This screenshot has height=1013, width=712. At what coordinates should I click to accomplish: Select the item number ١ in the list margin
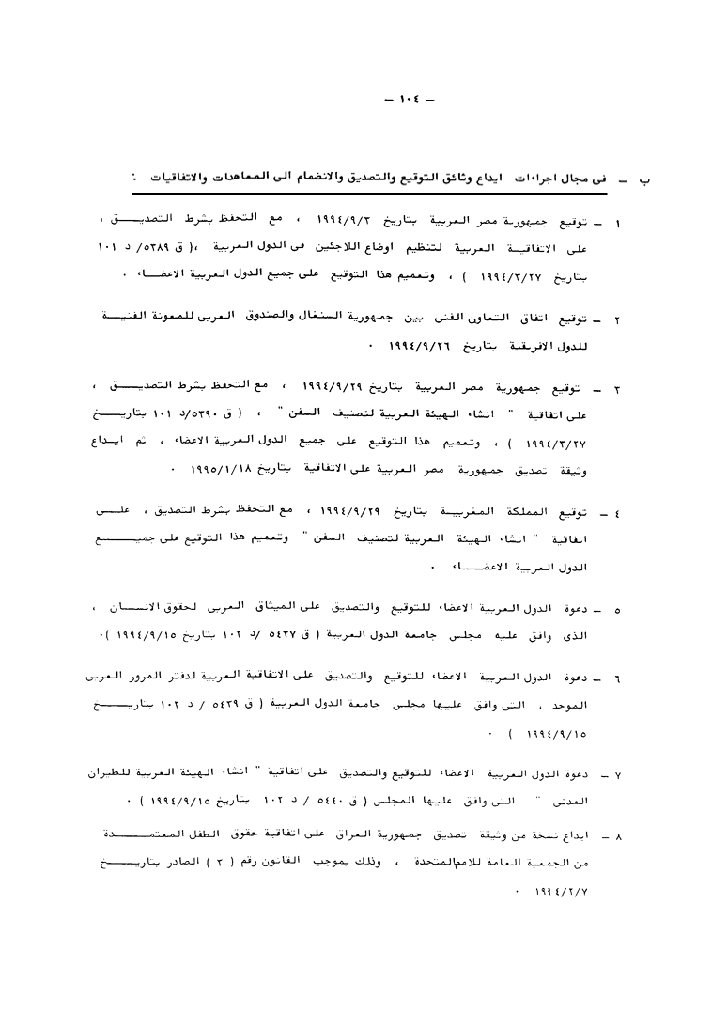[x=616, y=225]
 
